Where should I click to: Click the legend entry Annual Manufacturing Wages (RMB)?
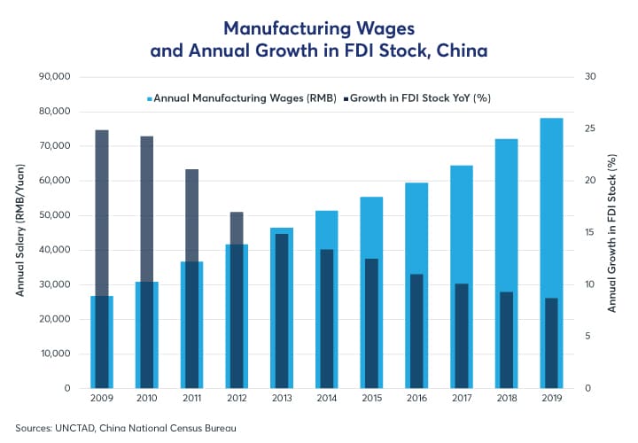click(x=239, y=98)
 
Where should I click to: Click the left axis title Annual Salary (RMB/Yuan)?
click(x=19, y=233)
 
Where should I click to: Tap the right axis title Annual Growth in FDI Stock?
click(x=611, y=233)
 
